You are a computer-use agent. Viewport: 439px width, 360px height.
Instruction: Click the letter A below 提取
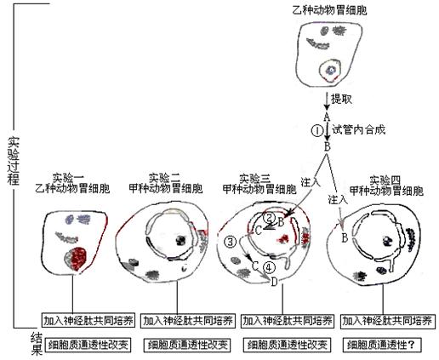click(327, 117)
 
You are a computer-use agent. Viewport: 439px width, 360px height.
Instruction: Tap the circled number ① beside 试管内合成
click(317, 131)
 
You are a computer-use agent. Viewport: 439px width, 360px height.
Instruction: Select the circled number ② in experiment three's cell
click(269, 218)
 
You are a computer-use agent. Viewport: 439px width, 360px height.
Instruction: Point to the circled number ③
click(230, 242)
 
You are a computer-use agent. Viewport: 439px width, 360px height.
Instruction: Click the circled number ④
click(269, 267)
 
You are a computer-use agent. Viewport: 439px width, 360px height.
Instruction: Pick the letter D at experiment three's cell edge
click(274, 282)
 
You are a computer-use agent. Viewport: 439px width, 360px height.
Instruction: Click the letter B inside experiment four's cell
click(345, 237)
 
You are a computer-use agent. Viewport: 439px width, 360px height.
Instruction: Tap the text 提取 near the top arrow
click(342, 99)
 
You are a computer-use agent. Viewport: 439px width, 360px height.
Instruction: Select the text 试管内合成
click(359, 130)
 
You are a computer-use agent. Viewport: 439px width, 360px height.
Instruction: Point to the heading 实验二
click(164, 178)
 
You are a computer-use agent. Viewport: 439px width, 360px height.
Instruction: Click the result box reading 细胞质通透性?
click(382, 345)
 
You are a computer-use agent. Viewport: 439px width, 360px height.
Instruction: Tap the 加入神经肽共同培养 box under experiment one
click(88, 321)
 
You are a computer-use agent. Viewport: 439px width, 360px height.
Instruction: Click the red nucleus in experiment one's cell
click(77, 258)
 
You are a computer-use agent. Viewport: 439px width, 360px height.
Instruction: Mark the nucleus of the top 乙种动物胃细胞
click(330, 70)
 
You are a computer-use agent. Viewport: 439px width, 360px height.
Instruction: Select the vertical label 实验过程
click(14, 161)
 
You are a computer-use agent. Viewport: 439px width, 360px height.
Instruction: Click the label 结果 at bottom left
click(37, 344)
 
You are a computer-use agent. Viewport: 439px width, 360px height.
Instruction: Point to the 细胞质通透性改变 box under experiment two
click(187, 346)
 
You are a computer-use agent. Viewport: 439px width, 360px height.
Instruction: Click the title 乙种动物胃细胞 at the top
click(329, 10)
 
